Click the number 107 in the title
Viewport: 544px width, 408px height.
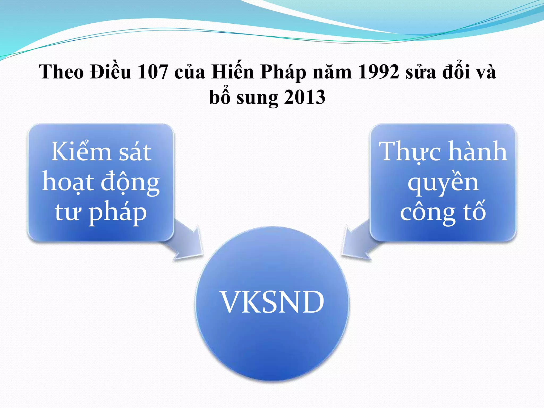point(153,72)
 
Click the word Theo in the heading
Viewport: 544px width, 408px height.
point(61,72)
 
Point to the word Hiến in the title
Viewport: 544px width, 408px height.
point(233,72)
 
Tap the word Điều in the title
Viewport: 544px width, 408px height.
point(110,72)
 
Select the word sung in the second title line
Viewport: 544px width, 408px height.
point(257,98)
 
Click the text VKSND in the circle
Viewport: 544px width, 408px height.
point(272,302)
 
